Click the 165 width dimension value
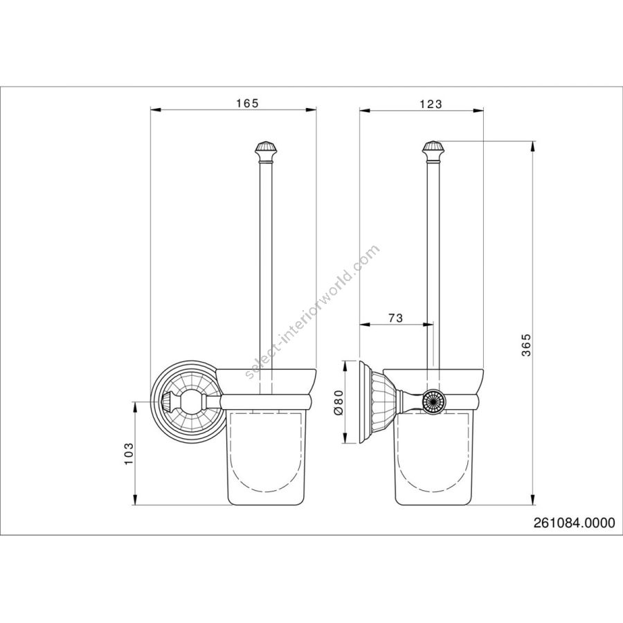tap(247, 103)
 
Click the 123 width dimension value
tap(431, 104)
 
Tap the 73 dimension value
tap(395, 318)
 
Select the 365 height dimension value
tap(526, 345)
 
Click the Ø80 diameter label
tap(338, 402)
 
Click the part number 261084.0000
tap(574, 523)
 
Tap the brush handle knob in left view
tap(266, 152)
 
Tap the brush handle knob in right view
tap(433, 152)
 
